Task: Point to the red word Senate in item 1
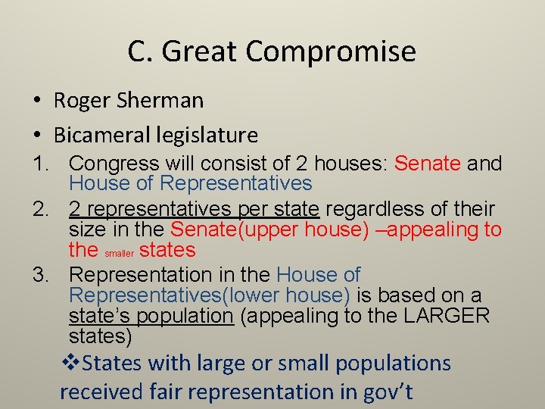tap(428, 163)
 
